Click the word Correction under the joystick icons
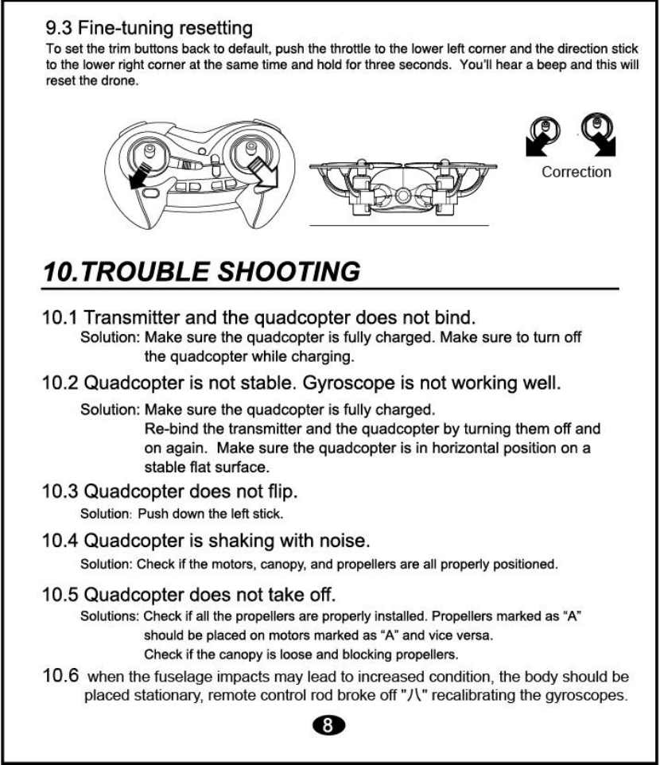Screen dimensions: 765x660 click(577, 171)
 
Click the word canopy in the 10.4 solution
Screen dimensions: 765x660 click(304, 565)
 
